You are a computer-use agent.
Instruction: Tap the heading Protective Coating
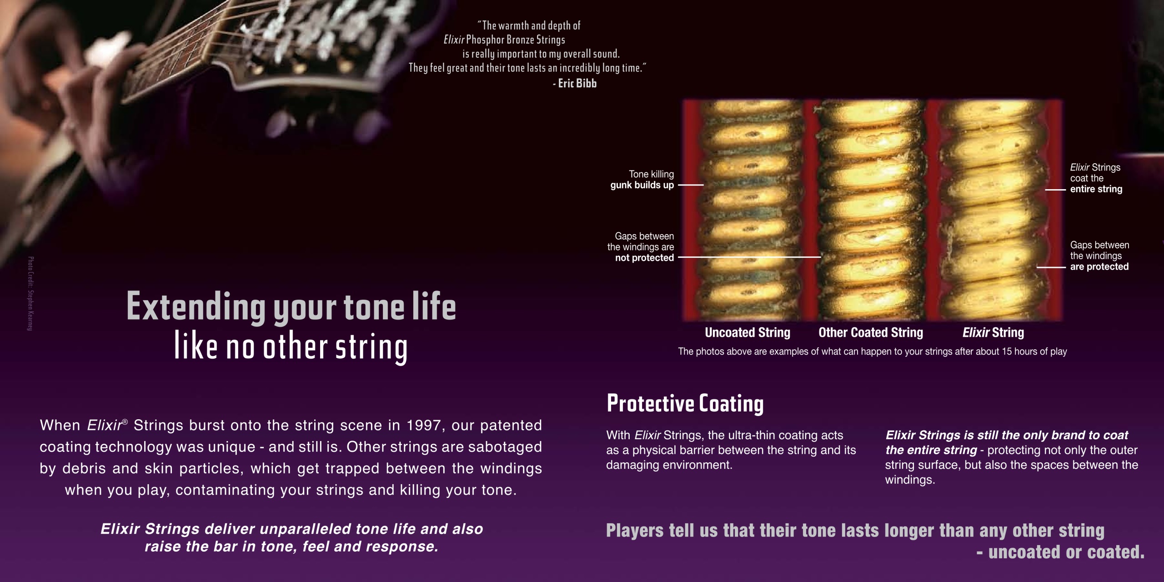point(685,403)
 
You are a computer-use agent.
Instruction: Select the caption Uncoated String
point(748,333)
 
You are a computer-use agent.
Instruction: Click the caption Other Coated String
point(871,333)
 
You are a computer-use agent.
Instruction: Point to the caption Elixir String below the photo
point(993,333)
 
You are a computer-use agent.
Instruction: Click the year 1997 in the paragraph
point(422,425)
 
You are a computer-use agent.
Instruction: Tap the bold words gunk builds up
point(642,185)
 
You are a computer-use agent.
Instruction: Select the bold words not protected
point(644,258)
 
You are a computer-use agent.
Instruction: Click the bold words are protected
point(1099,266)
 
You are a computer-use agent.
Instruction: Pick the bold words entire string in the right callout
point(1096,189)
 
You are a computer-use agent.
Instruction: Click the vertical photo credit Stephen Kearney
point(30,294)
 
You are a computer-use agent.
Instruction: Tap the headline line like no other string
point(291,347)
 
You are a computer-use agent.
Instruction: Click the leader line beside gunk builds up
point(691,185)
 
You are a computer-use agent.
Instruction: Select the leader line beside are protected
point(1051,267)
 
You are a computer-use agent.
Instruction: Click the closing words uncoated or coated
point(1066,552)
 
